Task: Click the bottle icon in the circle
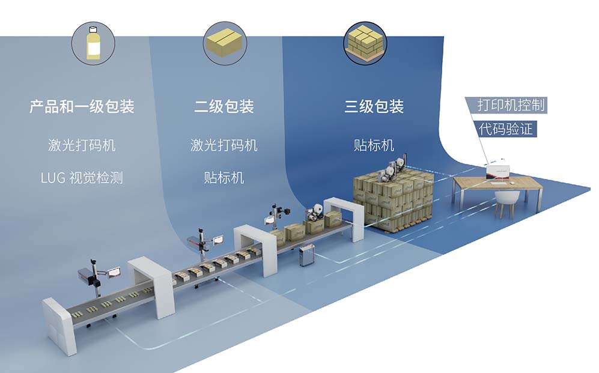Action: pos(93,44)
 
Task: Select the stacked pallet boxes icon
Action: pos(365,43)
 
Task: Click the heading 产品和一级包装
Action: pos(82,107)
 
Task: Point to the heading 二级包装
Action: pos(223,107)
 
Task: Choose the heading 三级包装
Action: pos(374,107)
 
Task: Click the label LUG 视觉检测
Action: pos(82,178)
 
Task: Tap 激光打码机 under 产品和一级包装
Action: pos(82,145)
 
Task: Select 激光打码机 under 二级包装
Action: pos(223,145)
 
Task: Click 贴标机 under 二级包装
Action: pos(223,178)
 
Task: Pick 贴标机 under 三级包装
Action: pos(374,145)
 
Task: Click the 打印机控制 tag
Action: pos(511,105)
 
